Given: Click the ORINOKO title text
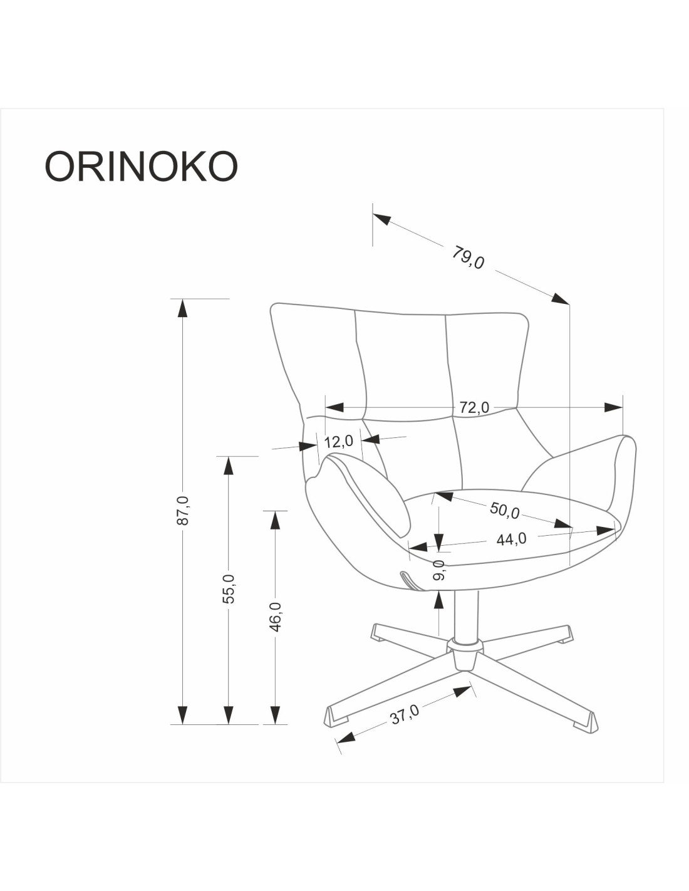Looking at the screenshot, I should [141, 166].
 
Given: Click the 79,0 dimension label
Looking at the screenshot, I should [468, 257].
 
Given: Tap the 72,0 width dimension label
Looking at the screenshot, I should [474, 407].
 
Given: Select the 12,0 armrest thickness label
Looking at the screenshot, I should [338, 441].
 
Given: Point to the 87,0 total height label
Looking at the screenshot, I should [182, 509].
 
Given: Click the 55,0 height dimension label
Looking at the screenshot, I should [229, 588].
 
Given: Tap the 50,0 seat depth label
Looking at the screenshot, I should [504, 510].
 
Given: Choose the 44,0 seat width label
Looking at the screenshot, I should [511, 539].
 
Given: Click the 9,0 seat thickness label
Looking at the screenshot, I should [439, 570].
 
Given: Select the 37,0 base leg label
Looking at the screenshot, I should [405, 714].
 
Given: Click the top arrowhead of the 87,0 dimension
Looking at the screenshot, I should [182, 308].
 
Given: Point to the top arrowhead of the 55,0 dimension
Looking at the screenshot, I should [229, 466].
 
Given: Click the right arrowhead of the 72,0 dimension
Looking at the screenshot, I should [614, 407].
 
